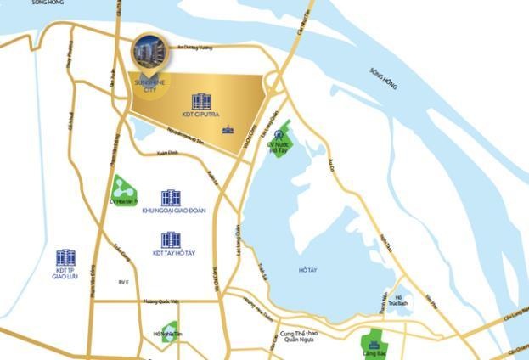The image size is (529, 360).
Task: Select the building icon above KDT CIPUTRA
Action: click(x=200, y=102)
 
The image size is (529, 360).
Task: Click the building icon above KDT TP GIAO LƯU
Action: click(x=65, y=257)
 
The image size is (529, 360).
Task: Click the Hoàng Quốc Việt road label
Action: click(x=160, y=301)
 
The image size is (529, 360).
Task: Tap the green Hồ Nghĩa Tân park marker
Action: click(x=170, y=330)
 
